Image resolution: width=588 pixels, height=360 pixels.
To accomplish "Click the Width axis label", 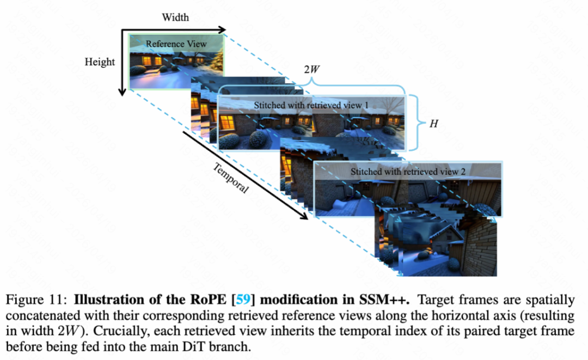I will [x=175, y=17].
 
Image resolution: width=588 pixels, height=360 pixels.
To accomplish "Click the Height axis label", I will [x=100, y=62].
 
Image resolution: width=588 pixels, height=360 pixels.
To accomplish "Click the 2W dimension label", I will [x=311, y=70].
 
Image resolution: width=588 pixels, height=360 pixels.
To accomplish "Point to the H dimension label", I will [x=434, y=124].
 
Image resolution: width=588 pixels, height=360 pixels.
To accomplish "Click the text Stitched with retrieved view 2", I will [x=408, y=172].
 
